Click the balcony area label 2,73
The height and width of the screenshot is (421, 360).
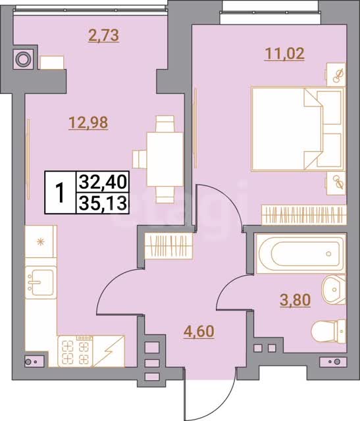tap(104, 36)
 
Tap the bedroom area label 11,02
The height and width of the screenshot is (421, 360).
tap(284, 54)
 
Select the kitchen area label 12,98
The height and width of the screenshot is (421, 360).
tap(88, 123)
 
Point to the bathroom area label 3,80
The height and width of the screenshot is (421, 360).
tap(296, 300)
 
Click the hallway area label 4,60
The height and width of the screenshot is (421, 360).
tap(199, 332)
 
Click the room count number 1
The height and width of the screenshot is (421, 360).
tap(60, 193)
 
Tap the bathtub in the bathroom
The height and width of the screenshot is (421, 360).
tap(301, 254)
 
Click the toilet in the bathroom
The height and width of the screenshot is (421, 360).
tap(328, 331)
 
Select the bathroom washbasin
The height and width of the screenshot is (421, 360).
tap(334, 289)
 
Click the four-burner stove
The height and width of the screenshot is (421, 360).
tap(76, 351)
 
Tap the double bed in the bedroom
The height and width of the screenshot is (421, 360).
tap(297, 129)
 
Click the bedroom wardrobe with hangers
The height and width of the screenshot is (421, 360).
tap(303, 215)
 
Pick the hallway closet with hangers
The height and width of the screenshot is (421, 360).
tap(168, 246)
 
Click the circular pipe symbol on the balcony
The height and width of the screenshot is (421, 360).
tap(23, 59)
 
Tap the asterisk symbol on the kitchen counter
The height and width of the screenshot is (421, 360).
tap(41, 242)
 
